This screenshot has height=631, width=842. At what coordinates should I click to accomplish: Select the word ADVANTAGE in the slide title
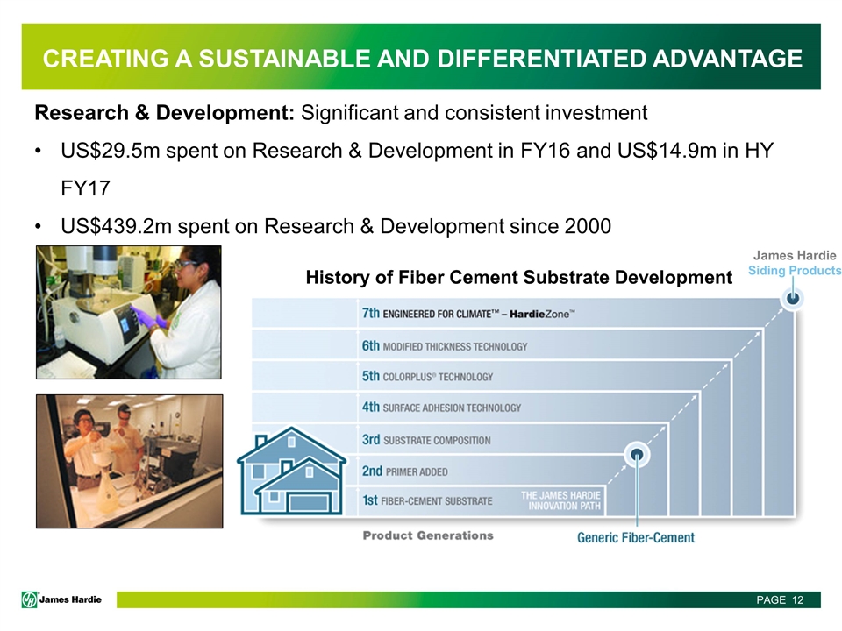coord(728,59)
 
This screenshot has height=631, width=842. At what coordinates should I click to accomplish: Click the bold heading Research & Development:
coord(164,113)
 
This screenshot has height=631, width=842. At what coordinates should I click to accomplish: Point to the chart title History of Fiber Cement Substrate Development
coord(518,278)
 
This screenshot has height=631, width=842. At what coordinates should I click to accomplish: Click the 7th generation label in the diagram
coord(468,314)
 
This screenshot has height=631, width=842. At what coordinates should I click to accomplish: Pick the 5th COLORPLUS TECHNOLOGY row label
coord(427,377)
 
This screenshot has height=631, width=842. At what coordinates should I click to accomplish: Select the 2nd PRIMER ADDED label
coord(405,471)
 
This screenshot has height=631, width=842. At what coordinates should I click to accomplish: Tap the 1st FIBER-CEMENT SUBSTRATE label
coord(427,500)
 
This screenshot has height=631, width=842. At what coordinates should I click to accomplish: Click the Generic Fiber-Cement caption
coord(636,537)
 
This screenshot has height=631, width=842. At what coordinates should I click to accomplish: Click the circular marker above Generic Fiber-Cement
coord(637,456)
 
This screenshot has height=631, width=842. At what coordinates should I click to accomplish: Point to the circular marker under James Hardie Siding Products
coord(793,298)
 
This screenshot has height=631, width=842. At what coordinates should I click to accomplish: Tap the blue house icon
coord(291,471)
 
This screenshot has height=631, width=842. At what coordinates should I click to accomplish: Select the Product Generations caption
coord(428,535)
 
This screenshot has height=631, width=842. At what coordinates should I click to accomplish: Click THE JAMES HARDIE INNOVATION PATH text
coord(560,500)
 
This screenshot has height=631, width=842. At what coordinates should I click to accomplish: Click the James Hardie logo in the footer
coord(61,599)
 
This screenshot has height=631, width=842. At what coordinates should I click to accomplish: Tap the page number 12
coord(797,599)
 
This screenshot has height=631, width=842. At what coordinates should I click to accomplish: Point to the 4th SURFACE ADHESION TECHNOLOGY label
coord(441,408)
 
